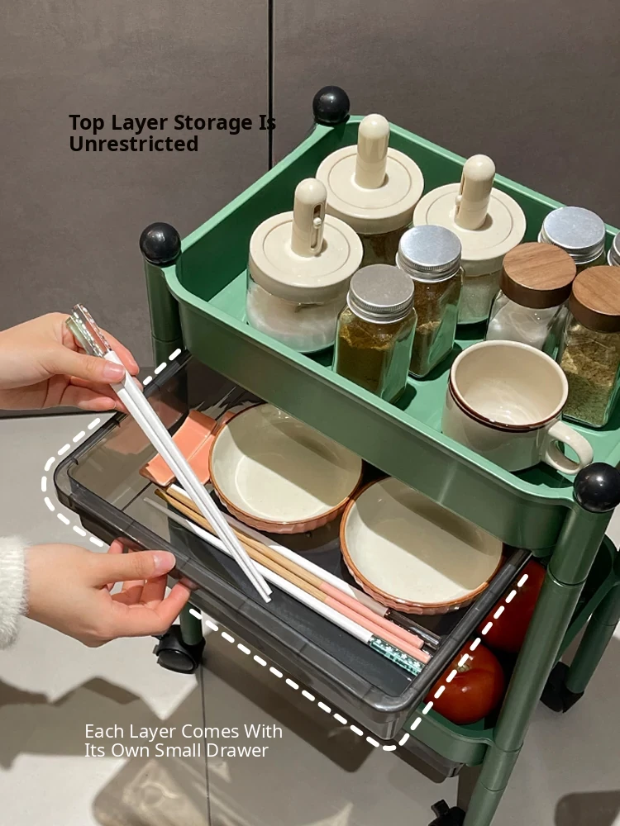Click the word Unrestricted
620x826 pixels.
coord(134,144)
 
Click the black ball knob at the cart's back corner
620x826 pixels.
coord(331,106)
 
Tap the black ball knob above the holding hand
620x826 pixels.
coord(160,243)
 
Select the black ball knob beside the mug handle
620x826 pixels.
coord(598,487)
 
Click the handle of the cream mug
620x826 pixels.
coord(569,448)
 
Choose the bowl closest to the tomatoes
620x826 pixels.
coord(420,545)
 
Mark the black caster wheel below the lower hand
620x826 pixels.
coord(179,649)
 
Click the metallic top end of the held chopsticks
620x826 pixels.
coord(86,330)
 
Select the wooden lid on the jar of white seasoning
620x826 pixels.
coord(537,274)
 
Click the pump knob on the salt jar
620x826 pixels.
coord(309,216)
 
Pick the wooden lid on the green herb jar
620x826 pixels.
coord(597,297)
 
